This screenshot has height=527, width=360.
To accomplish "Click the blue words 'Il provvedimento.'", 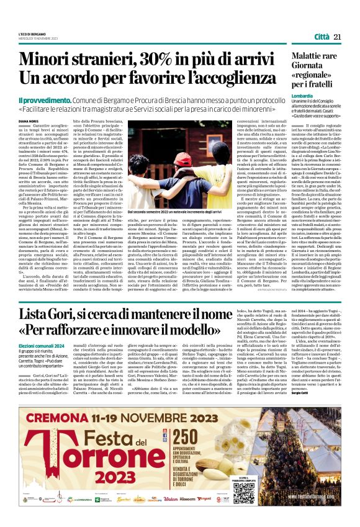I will (43, 99).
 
